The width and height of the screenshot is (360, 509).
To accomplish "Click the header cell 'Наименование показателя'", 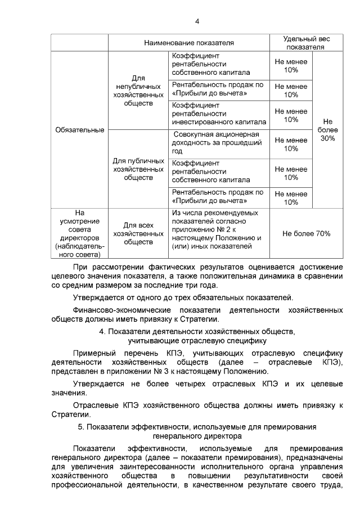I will tap(188, 43).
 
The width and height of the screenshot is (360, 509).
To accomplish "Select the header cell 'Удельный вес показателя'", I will tap(306, 43).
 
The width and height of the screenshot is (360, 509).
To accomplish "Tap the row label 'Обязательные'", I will tap(79, 130).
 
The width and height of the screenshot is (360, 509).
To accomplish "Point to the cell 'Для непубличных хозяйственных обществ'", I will tap(138, 91).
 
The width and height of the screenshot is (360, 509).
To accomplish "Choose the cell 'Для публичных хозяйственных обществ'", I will tap(138, 169).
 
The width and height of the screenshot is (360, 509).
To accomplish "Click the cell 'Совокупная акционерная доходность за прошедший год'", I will tap(217, 143).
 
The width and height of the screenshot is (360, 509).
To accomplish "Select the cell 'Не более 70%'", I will tap(306, 233).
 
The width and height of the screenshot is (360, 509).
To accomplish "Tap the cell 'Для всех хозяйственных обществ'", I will tap(138, 233).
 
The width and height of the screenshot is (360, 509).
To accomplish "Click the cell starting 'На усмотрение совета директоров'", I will tap(79, 233).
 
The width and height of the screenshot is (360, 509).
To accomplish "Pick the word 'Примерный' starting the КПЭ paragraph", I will tap(93, 352).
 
